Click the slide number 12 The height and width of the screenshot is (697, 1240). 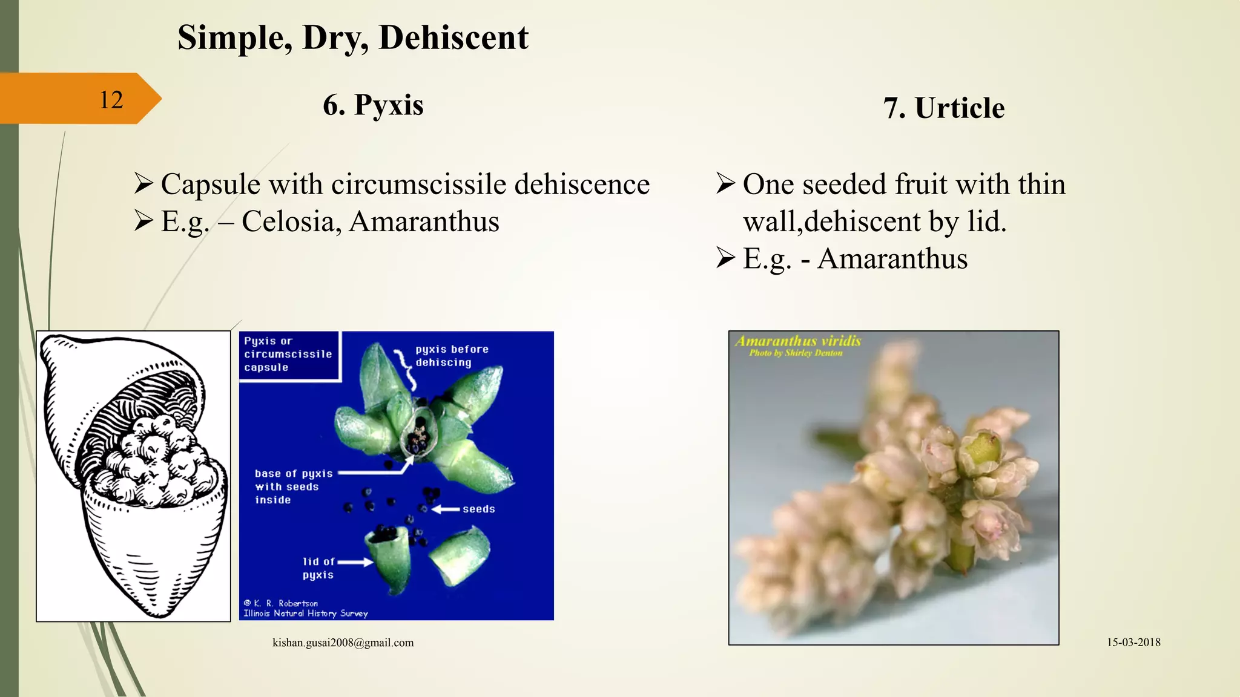tap(111, 100)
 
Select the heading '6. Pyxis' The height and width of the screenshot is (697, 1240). tap(373, 105)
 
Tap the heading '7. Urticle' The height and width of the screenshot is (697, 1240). tap(944, 108)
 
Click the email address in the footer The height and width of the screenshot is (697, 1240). tap(343, 643)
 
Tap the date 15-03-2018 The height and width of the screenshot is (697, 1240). tap(1133, 643)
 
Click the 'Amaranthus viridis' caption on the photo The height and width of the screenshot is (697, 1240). tap(797, 341)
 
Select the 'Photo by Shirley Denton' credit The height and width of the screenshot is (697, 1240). tap(796, 353)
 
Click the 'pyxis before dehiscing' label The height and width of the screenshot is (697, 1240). tap(451, 356)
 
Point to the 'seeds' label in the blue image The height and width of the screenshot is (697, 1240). tap(478, 509)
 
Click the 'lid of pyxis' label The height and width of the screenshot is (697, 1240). tap(318, 568)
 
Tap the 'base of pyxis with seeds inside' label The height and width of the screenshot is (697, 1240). tap(293, 486)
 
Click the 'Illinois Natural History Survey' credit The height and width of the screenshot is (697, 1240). tap(305, 614)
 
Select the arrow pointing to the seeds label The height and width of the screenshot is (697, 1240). tap(446, 509)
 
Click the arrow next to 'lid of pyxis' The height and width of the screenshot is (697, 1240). tap(355, 562)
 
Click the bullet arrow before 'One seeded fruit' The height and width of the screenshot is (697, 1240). tap(725, 183)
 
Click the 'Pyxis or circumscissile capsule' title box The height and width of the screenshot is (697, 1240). tap(288, 355)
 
